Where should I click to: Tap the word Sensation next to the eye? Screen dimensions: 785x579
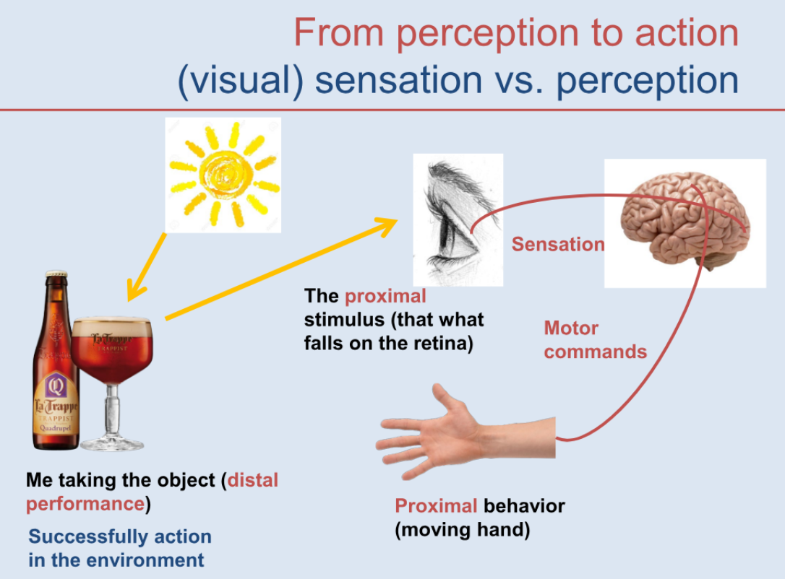558,244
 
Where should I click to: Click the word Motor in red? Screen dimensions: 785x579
571,328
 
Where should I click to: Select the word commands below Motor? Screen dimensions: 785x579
596,352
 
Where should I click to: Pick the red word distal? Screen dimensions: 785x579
253,480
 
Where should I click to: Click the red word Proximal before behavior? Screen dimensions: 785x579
436,505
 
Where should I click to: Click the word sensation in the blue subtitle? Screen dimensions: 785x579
398,80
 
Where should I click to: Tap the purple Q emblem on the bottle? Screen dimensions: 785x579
56,386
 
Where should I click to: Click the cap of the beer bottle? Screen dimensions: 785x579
56,274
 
